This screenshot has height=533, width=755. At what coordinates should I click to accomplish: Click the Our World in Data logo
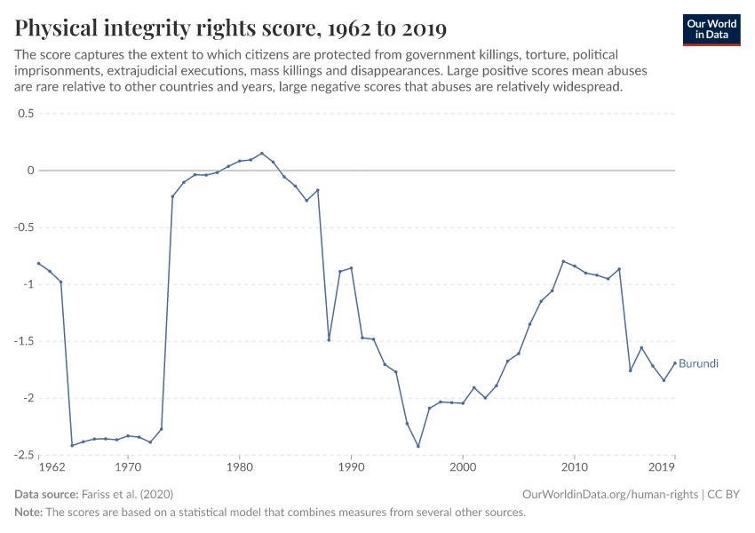coord(711,29)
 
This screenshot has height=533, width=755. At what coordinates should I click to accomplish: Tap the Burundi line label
coord(698,364)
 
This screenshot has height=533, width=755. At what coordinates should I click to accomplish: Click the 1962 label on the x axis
coord(52,466)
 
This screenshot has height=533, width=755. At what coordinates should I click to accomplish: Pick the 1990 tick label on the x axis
coord(351,466)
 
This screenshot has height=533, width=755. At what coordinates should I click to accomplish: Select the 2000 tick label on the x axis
coord(463,466)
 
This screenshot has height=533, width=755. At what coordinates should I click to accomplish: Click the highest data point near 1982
coord(262,153)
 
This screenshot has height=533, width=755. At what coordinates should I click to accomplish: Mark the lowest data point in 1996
coord(418,446)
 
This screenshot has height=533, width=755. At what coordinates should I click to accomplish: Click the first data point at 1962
coord(39,263)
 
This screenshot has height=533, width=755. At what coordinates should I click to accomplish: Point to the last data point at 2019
coord(675,362)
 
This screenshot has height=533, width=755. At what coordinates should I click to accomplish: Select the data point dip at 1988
coord(329,339)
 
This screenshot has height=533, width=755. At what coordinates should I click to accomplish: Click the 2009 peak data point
coord(563,261)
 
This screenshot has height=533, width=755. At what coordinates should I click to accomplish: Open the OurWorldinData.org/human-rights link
coord(611,494)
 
